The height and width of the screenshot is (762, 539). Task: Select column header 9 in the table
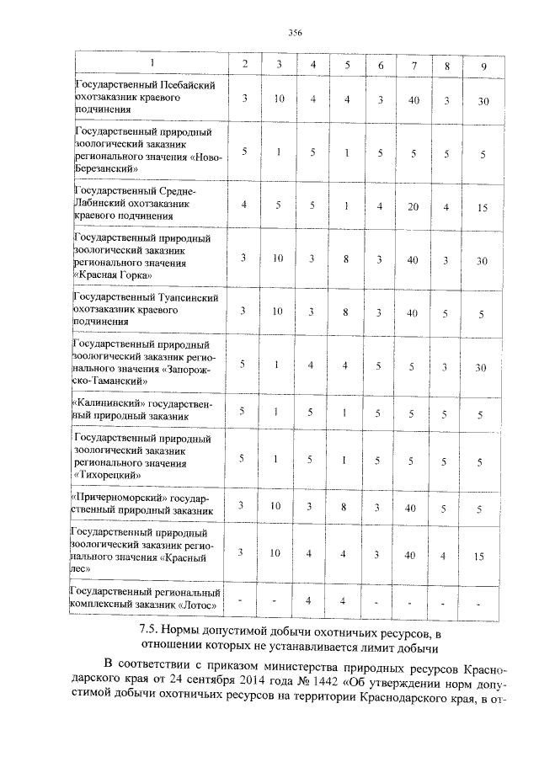point(483,65)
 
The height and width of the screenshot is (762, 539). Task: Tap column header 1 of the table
point(152,64)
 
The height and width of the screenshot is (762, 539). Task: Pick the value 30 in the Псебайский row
point(483,100)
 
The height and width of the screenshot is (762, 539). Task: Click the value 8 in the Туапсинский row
point(346,312)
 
